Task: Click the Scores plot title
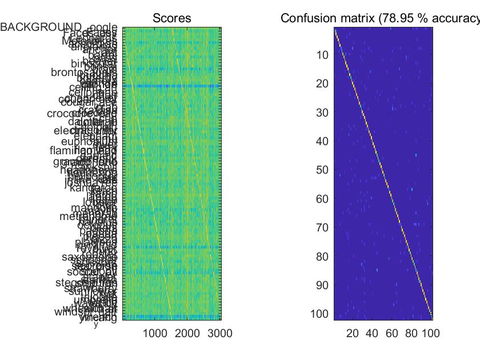[x=171, y=19]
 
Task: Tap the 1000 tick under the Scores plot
[x=155, y=334]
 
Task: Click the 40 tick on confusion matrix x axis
[x=372, y=334]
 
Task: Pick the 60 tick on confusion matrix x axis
[x=392, y=334]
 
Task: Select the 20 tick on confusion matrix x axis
[x=353, y=334]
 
